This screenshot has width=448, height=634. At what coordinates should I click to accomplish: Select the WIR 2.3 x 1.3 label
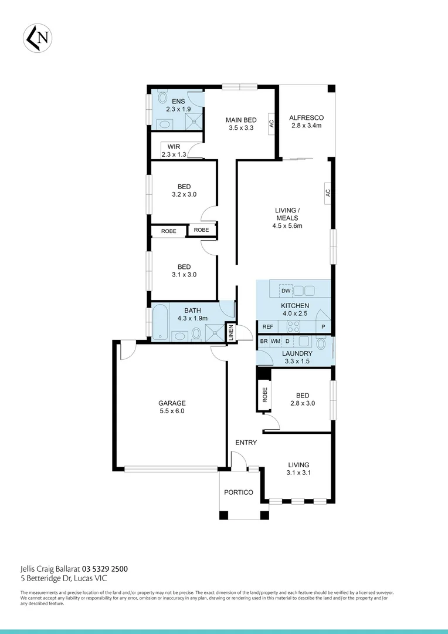(174, 150)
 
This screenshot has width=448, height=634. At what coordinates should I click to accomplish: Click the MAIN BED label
(241, 124)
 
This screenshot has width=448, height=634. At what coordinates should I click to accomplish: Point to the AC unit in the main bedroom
(271, 124)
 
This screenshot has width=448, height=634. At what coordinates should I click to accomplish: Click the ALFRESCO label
(306, 122)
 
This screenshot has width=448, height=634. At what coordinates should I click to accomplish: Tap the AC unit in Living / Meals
(327, 192)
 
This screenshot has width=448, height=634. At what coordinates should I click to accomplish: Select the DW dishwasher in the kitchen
(286, 291)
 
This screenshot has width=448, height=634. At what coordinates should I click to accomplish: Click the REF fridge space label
(268, 327)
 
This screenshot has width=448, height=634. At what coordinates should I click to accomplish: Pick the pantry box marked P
(323, 327)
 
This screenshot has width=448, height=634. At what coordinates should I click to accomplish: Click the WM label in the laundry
(275, 341)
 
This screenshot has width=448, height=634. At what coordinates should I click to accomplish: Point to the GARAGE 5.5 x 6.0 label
(172, 407)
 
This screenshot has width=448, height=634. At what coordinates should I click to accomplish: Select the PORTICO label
(239, 493)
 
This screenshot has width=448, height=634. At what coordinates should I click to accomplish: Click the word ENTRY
(246, 443)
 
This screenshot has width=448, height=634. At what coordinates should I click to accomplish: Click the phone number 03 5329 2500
(105, 568)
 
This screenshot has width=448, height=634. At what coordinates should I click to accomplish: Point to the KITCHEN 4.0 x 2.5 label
(294, 310)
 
